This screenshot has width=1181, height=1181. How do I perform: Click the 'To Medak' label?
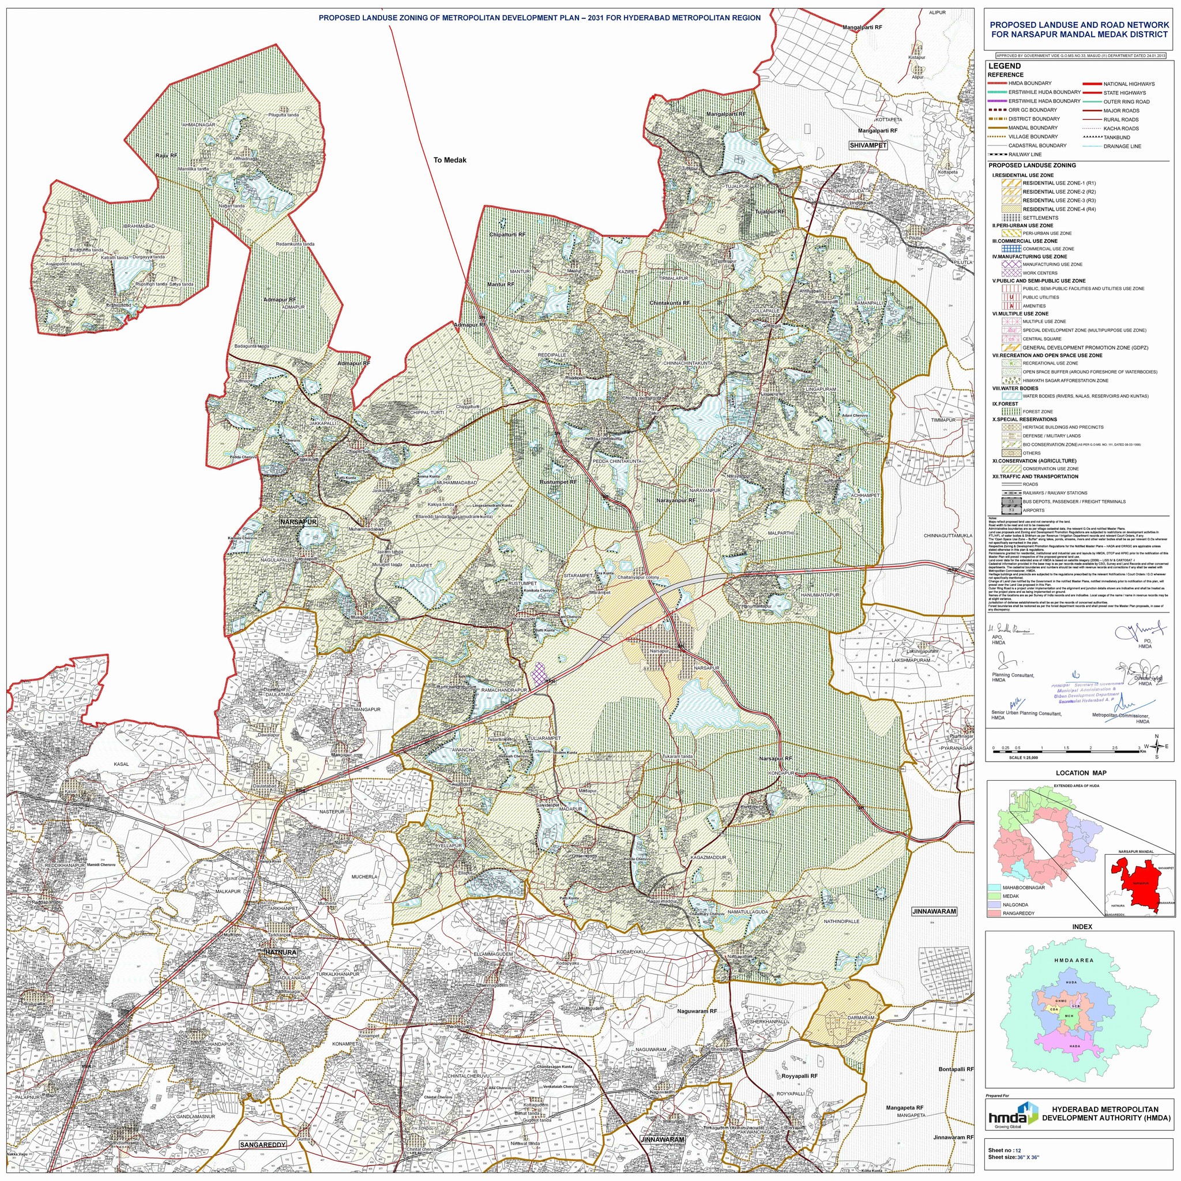tap(450, 160)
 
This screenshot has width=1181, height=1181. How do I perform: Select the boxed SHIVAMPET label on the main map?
tap(867, 145)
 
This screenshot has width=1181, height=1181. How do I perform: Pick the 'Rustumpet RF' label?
tap(558, 482)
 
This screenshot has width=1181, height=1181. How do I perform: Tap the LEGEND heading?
tap(1005, 65)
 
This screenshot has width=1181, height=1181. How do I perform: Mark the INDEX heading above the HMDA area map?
tap(1081, 926)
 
